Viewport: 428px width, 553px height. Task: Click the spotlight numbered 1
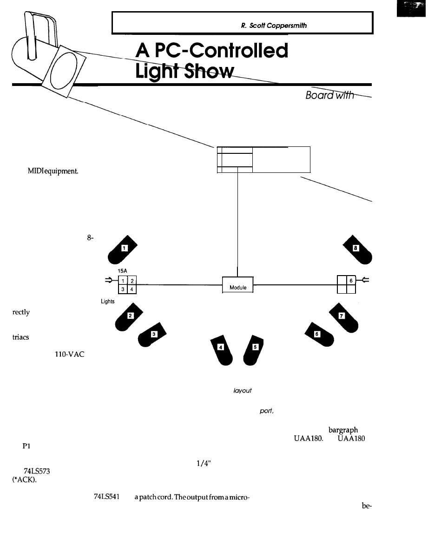coord(122,250)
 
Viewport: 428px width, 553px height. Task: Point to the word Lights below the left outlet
coord(108,302)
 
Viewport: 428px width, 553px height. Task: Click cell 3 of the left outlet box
coord(123,290)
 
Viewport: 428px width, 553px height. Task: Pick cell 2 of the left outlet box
coord(132,280)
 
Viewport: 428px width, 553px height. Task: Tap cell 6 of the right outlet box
coord(351,280)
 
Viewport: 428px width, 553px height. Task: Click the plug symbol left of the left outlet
coord(110,280)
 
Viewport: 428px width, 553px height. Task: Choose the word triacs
coord(20,338)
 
